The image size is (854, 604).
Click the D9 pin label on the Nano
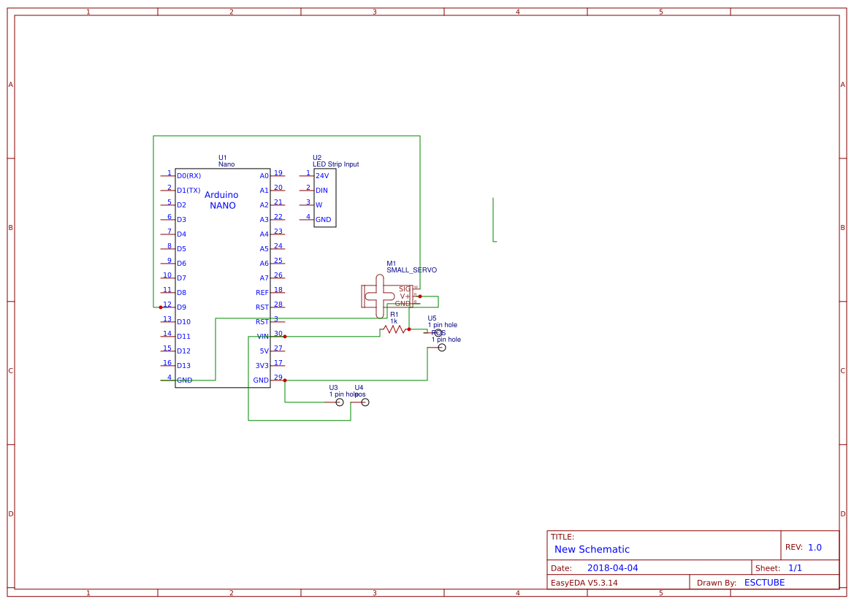click(x=181, y=307)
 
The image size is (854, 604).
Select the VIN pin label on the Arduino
click(x=262, y=337)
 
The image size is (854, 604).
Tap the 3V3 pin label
click(x=262, y=366)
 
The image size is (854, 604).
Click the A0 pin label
click(x=264, y=176)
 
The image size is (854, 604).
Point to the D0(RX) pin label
click(x=188, y=176)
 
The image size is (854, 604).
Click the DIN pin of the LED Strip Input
click(x=321, y=191)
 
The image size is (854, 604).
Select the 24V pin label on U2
click(x=321, y=176)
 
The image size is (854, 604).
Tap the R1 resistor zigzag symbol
click(x=394, y=329)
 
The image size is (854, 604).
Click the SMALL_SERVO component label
click(x=411, y=270)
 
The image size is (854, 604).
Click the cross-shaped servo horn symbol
click(x=378, y=296)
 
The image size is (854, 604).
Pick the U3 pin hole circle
click(x=339, y=402)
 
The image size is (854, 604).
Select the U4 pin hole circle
click(x=365, y=402)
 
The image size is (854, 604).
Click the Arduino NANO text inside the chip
click(x=221, y=200)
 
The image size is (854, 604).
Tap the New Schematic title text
click(x=592, y=549)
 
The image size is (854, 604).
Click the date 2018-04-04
click(x=612, y=568)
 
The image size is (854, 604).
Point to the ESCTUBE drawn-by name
click(x=764, y=583)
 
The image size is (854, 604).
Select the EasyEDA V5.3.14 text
click(x=584, y=583)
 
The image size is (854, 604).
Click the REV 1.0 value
click(x=815, y=547)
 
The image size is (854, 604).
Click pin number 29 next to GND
click(x=278, y=378)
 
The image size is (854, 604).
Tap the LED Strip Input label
click(x=335, y=164)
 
